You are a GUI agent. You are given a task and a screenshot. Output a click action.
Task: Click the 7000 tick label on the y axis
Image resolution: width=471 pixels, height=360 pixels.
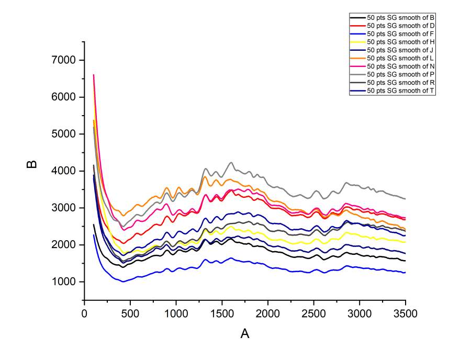65,60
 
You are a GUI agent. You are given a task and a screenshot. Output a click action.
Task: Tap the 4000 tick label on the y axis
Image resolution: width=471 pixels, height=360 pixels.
65,171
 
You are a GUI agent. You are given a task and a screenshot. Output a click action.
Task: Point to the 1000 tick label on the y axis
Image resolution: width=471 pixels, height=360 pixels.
65,282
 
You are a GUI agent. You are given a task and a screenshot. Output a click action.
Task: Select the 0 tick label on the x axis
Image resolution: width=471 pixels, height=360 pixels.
84,313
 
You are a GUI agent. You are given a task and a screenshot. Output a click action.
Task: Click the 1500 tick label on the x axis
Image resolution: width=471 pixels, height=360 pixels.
222,313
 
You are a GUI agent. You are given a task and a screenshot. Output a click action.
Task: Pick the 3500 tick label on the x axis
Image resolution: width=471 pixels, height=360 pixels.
405,313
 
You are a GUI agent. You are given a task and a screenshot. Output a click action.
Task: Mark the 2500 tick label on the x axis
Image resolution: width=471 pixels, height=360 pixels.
313,313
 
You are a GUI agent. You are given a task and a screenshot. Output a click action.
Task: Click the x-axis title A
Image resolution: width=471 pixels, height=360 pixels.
244,334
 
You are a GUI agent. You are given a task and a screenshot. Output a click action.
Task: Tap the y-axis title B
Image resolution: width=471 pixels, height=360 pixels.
32,164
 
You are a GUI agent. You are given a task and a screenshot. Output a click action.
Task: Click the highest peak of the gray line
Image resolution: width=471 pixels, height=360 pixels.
231,162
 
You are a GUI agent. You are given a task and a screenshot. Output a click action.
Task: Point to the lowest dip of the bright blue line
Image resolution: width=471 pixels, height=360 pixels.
123,282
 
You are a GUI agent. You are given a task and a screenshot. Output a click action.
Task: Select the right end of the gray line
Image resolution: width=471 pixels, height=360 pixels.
405,199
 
